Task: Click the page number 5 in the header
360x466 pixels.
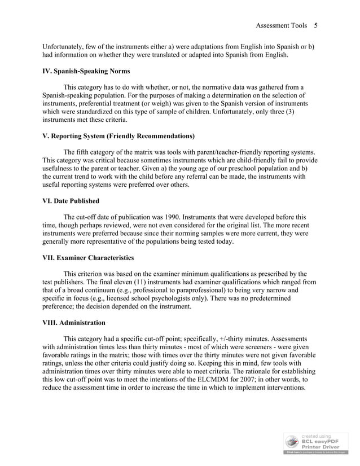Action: (x=316, y=25)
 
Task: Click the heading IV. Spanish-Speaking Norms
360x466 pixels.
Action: (x=86, y=71)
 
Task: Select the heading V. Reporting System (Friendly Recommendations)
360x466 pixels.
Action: (x=118, y=136)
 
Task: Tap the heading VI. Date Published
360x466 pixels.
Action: (x=71, y=201)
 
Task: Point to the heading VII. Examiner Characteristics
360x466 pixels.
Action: (x=88, y=258)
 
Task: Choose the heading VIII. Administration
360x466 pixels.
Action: (x=74, y=323)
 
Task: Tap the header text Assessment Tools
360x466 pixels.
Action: (x=281, y=25)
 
